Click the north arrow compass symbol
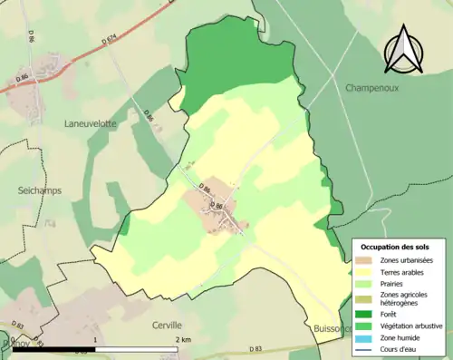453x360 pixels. point(404,49)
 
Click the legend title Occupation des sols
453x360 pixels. point(395,247)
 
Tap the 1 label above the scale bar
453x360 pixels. point(95,340)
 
